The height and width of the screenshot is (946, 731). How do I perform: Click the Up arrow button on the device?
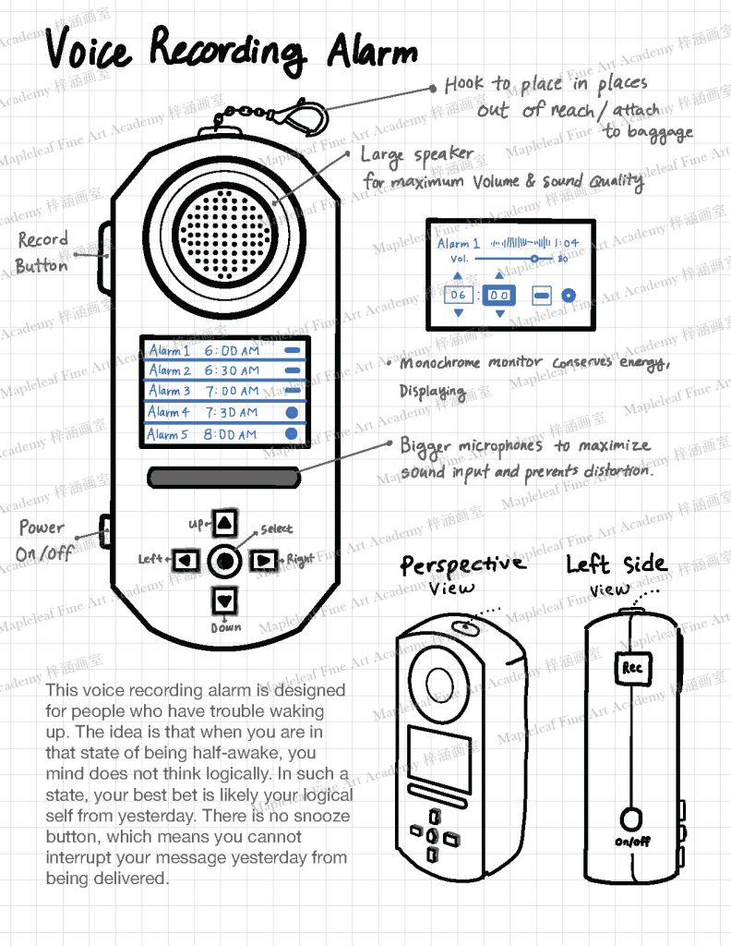point(224,523)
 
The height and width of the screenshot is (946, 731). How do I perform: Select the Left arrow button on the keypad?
point(187,560)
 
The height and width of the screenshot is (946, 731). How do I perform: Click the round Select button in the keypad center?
point(224,560)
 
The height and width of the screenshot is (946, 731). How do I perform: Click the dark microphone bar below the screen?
point(223,478)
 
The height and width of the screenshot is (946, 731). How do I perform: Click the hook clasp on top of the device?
point(306,119)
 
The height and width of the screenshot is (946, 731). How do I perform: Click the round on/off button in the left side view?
point(632,819)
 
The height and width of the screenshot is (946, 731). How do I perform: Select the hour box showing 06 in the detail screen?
point(457,296)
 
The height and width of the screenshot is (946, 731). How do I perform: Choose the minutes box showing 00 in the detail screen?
point(499,296)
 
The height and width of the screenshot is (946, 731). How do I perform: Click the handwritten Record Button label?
point(42,252)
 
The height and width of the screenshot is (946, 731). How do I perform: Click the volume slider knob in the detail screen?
point(534,260)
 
